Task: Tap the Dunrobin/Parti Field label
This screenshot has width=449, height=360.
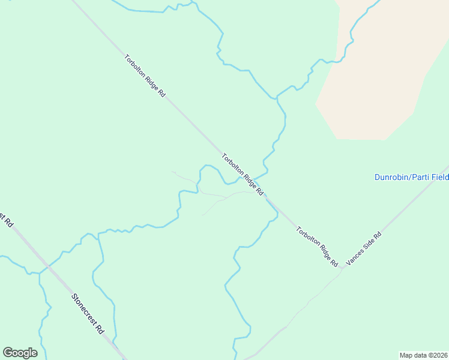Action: pos(411,177)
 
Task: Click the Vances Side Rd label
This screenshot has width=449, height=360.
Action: pos(364,250)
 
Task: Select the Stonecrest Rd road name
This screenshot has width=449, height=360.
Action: pos(88,314)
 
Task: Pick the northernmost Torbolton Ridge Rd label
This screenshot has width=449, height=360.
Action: pos(145,77)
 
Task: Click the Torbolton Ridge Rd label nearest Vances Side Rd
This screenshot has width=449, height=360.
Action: pos(317,246)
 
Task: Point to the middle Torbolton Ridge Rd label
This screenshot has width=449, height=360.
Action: pos(243,175)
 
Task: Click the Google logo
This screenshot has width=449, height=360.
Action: pos(20,353)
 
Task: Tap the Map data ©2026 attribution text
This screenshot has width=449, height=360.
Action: pos(423,355)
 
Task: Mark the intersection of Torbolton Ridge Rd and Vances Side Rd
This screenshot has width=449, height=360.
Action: pos(342,270)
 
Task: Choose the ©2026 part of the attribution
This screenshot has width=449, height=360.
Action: pos(436,355)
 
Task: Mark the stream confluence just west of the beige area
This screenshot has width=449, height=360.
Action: pos(277,97)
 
